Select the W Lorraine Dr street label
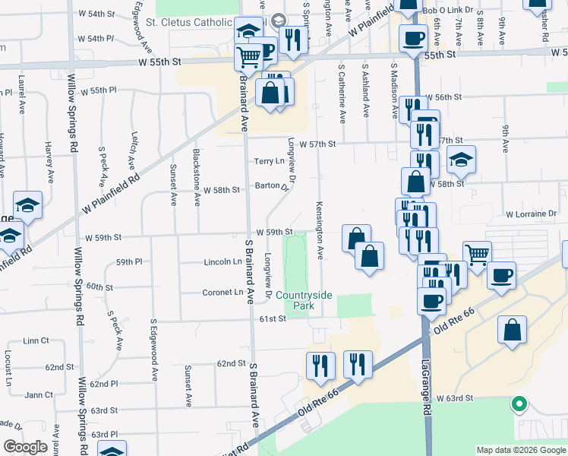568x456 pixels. (x=531, y=214)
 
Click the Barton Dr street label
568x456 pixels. (x=272, y=185)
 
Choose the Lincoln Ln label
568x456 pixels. (x=222, y=261)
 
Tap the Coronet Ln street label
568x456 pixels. (x=222, y=292)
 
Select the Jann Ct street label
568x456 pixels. (x=38, y=394)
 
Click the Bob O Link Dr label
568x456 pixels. (x=448, y=11)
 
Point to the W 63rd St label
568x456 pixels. (x=454, y=397)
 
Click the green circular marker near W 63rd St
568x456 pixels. (x=519, y=404)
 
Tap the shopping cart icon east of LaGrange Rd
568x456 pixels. (x=477, y=255)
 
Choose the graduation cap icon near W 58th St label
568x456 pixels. (x=461, y=160)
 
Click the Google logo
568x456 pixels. (x=25, y=447)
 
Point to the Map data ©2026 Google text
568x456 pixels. (x=521, y=450)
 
